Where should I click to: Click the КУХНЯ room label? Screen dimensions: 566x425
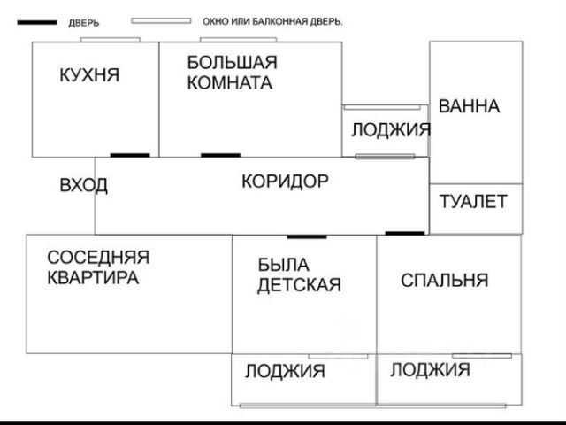pyautogui.click(x=88, y=75)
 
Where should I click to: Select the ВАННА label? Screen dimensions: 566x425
pyautogui.click(x=469, y=106)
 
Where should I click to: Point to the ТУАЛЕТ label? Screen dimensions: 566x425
pyautogui.click(x=473, y=201)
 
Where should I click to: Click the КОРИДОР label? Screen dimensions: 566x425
pyautogui.click(x=285, y=182)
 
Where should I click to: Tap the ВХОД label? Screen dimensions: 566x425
pyautogui.click(x=83, y=185)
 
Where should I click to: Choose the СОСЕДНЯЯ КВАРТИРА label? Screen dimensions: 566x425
pyautogui.click(x=97, y=267)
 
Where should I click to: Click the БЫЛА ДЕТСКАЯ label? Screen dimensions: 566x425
pyautogui.click(x=299, y=274)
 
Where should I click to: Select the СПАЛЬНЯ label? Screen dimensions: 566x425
pyautogui.click(x=444, y=281)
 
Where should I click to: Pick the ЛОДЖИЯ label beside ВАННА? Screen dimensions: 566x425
pyautogui.click(x=390, y=129)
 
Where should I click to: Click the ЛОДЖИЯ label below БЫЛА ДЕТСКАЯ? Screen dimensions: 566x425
pyautogui.click(x=285, y=371)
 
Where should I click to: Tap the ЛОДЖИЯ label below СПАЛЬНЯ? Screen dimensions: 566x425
pyautogui.click(x=430, y=369)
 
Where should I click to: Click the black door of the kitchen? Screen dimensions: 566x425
pyautogui.click(x=129, y=156)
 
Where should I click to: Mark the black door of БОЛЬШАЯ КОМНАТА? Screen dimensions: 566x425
pyautogui.click(x=220, y=156)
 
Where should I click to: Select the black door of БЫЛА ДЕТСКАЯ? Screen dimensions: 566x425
pyautogui.click(x=307, y=236)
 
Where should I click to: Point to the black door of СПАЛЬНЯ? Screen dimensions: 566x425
pyautogui.click(x=405, y=233)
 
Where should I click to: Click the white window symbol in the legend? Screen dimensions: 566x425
pyautogui.click(x=161, y=20)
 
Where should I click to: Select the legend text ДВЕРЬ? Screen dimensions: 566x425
pyautogui.click(x=84, y=23)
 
